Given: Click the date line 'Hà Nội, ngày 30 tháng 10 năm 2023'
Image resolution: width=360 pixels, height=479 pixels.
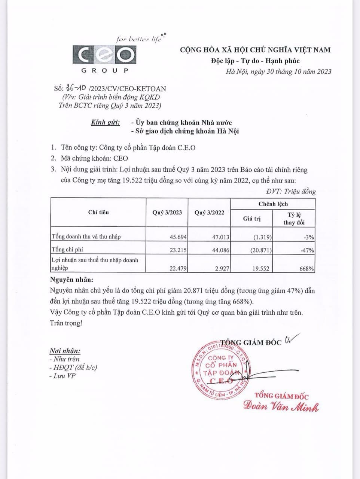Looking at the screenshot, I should [278, 71].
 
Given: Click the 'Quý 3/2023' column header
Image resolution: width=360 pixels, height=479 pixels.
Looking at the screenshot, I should [167, 212].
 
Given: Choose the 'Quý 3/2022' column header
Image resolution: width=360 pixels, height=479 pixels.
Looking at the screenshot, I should [209, 212].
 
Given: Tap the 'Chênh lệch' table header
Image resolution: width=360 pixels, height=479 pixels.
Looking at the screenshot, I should [273, 204].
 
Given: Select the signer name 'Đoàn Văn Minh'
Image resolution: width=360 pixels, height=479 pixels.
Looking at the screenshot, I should [281, 406].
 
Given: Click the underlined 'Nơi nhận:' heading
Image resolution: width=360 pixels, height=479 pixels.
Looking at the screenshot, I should [65, 351].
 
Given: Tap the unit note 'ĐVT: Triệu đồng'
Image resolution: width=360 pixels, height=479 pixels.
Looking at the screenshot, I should [291, 192].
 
